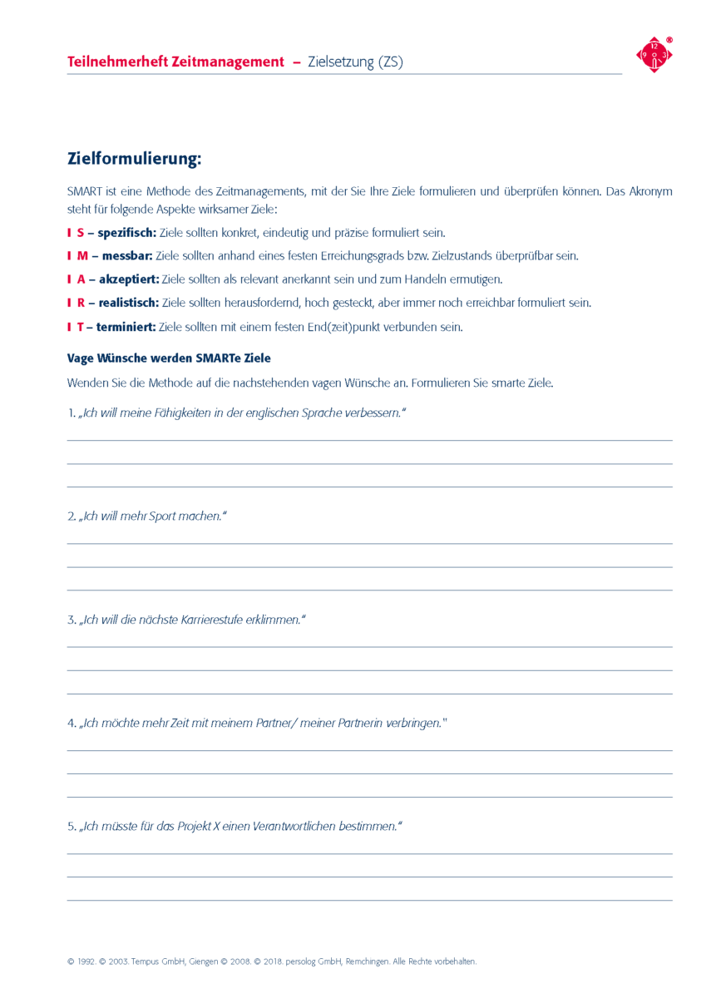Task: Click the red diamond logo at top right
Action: tap(654, 56)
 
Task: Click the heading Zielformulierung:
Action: tap(134, 158)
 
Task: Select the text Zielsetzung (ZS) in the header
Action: tap(355, 62)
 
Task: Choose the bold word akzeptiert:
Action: tap(129, 279)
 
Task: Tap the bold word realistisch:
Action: tap(129, 303)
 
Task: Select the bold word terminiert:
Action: tap(126, 327)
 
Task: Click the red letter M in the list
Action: tap(82, 256)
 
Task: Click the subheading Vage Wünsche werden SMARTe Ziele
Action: tap(169, 358)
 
